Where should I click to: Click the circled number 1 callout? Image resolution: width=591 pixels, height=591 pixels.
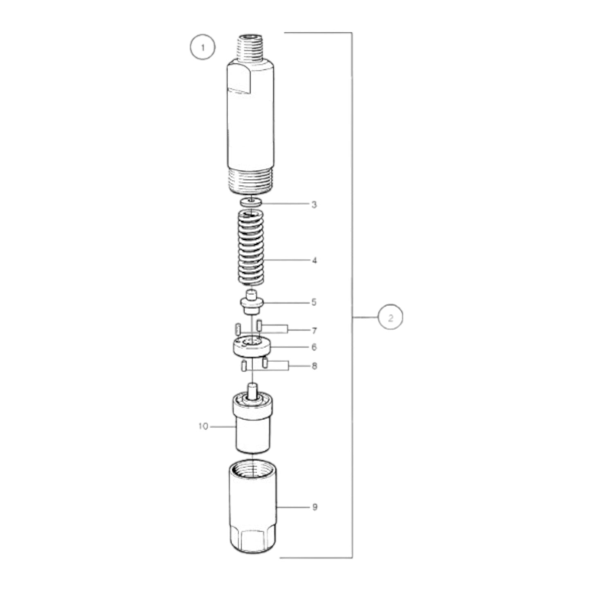(202, 47)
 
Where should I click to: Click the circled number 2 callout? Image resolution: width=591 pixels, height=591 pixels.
(390, 317)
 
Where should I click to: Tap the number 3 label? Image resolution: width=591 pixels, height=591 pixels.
(314, 204)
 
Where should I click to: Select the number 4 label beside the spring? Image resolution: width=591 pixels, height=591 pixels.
(314, 260)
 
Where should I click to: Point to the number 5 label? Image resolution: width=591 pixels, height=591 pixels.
(314, 302)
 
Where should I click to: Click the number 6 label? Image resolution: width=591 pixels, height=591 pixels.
(314, 347)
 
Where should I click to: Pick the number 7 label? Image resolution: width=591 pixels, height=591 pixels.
(314, 330)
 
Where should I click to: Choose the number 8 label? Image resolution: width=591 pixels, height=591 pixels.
(314, 366)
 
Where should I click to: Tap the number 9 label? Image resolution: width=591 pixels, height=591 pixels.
(315, 507)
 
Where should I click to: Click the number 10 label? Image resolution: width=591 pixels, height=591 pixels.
(203, 426)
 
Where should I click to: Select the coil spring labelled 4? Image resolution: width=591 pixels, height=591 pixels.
(252, 247)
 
